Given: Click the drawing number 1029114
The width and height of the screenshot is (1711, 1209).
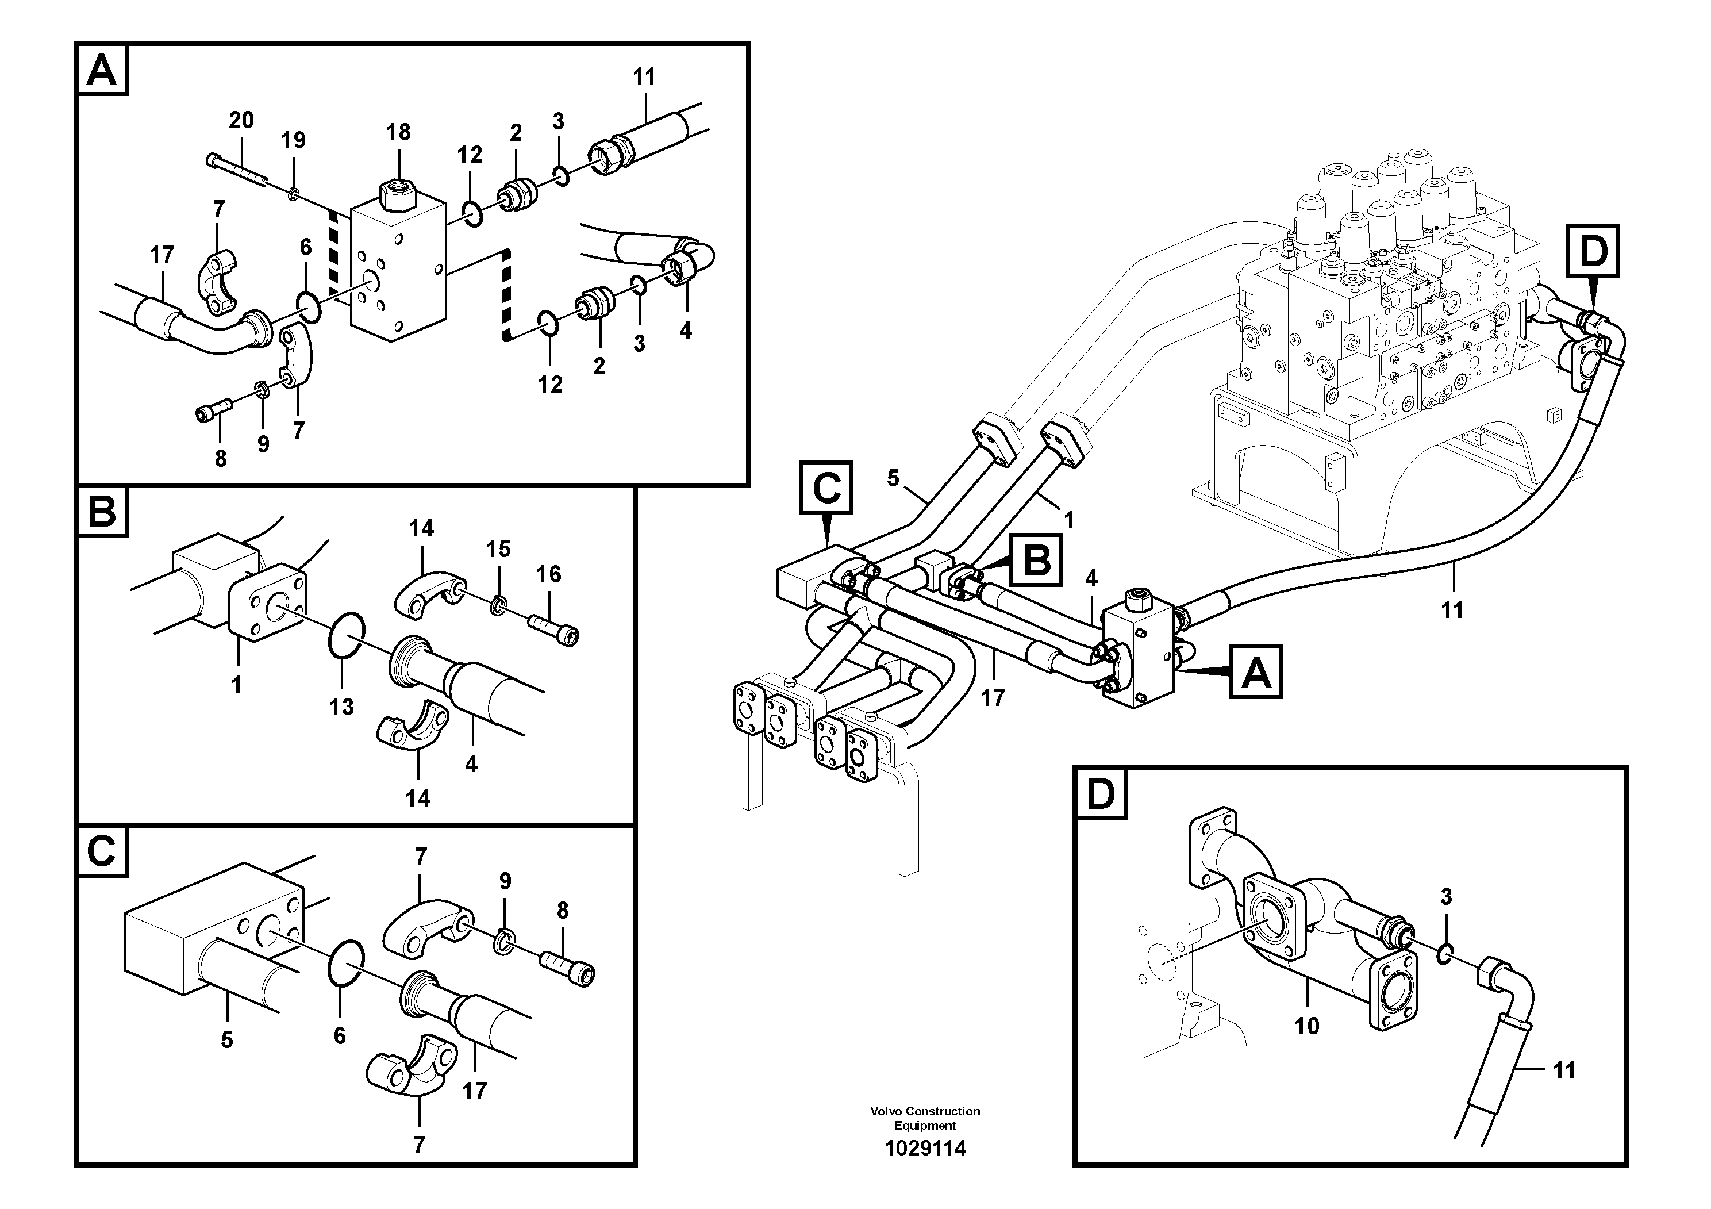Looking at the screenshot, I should point(925,1149).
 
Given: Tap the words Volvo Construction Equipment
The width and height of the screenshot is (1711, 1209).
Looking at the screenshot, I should point(925,1118).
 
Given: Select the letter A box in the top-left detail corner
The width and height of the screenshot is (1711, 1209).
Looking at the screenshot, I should point(102,71).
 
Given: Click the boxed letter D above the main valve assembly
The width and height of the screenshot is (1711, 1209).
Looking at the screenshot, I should point(1593,251).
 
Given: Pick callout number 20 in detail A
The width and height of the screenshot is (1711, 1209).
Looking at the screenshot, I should point(241,120).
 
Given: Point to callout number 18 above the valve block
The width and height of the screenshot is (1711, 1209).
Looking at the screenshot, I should point(398,132).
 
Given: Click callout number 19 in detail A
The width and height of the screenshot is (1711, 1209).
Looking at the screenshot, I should point(293,140).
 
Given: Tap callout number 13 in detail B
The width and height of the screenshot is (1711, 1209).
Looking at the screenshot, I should point(341,707).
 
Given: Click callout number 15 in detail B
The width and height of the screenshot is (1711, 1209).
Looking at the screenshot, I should point(498,550).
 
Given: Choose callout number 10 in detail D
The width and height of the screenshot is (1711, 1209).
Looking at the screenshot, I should point(1306,1026).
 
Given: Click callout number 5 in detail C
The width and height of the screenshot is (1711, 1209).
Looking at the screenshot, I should point(226,1040).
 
